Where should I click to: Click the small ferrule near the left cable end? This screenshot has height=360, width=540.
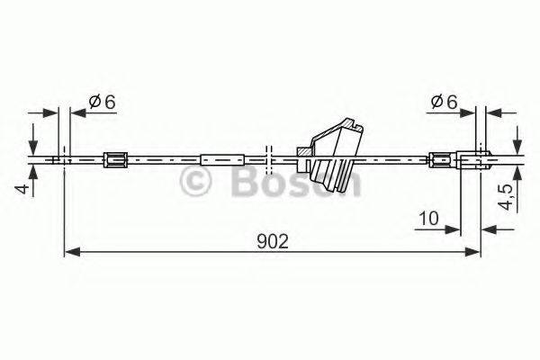click(114, 160)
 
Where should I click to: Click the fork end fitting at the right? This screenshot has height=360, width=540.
click(475, 159)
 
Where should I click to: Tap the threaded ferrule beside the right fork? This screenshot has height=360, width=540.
click(442, 160)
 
